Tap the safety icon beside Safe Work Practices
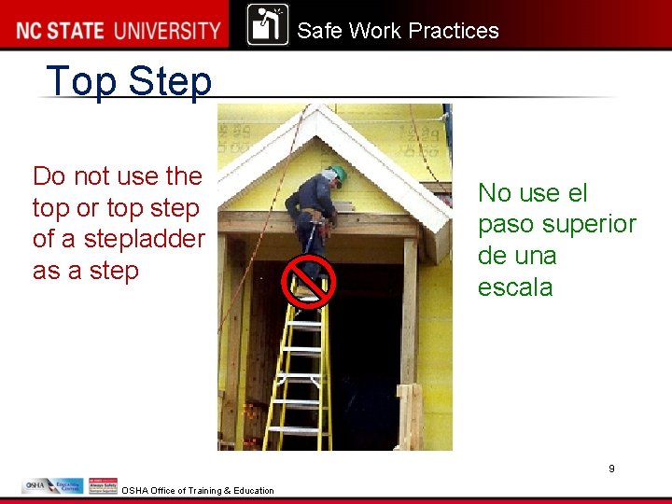pyautogui.click(x=268, y=25)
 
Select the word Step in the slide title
pyautogui.click(x=171, y=81)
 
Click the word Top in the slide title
pyautogui.click(x=82, y=81)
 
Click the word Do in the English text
pyautogui.click(x=49, y=176)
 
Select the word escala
pyautogui.click(x=515, y=287)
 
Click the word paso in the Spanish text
pyautogui.click(x=508, y=225)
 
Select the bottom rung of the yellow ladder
pyautogui.click(x=296, y=431)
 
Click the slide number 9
pyautogui.click(x=611, y=469)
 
